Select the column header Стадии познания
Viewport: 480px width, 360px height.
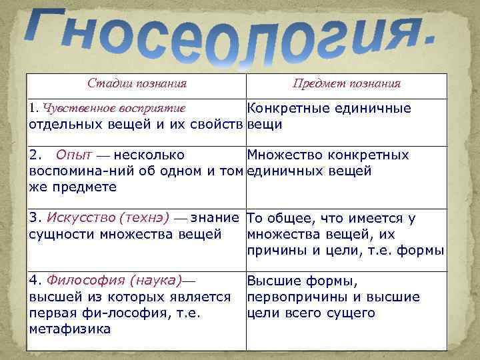137,84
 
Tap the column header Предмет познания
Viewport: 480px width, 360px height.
347,84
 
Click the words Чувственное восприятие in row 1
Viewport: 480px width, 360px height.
114,108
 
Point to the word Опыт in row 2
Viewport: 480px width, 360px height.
74,155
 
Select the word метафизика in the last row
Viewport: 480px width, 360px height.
70,329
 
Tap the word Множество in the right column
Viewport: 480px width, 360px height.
287,155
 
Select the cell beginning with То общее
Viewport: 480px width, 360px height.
345,233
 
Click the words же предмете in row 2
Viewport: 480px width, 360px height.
73,187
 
